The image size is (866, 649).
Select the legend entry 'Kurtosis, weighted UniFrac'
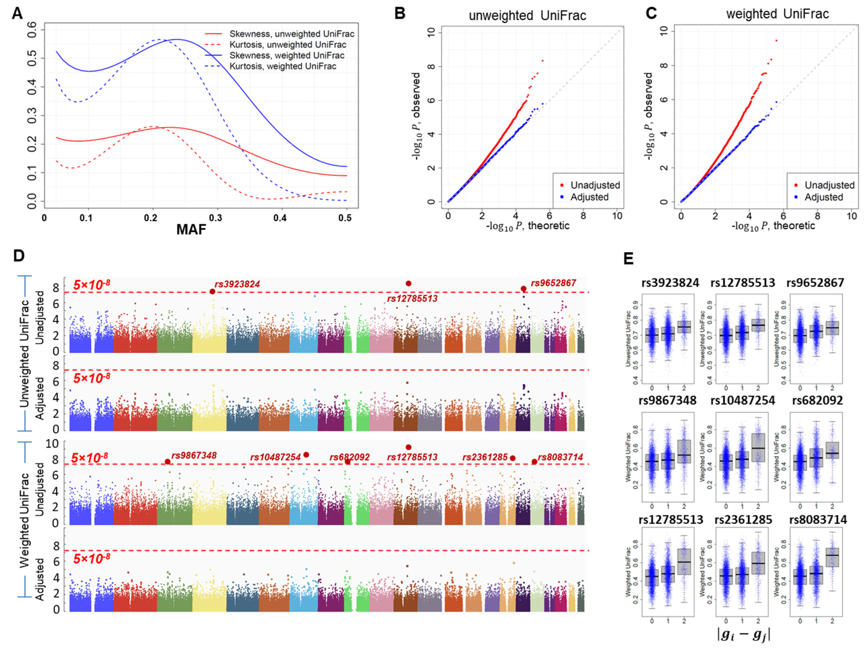point(283,66)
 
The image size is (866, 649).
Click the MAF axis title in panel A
point(191,229)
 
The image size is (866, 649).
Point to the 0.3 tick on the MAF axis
point(215,218)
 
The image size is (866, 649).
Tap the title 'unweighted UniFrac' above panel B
point(527,16)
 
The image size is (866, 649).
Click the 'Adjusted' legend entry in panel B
point(589,197)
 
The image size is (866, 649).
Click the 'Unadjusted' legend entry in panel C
point(829,185)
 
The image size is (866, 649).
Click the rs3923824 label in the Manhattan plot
point(237,284)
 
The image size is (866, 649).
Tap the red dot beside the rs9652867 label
point(523,288)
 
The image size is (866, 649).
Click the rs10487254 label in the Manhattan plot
point(275,457)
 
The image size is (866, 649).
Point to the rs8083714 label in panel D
point(560,457)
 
